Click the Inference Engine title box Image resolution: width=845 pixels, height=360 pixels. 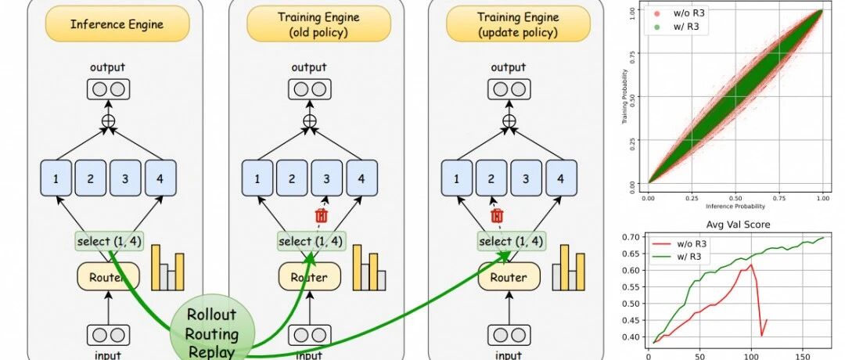117,24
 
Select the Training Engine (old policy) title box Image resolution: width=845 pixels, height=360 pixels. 309,25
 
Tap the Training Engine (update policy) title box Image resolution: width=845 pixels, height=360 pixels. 509,25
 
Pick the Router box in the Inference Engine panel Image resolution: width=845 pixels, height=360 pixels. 108,276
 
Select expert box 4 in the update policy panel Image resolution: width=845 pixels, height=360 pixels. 559,178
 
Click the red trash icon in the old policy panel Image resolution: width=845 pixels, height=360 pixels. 321,215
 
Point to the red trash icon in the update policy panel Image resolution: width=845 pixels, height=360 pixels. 495,215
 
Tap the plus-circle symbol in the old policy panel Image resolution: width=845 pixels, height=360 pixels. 311,121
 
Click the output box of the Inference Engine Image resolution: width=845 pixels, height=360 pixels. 109,88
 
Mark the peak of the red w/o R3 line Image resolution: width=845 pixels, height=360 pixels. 752,265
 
